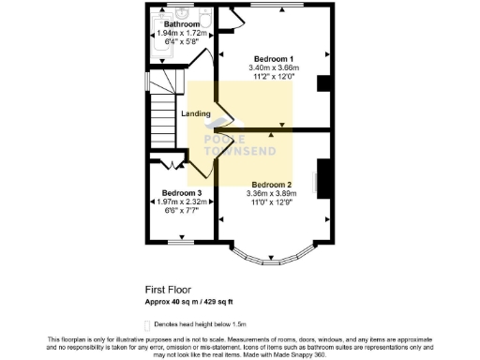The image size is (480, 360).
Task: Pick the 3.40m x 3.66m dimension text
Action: coord(273,67)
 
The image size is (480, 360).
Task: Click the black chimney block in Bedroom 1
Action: coord(323,83)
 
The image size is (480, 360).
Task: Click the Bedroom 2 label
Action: coord(272,184)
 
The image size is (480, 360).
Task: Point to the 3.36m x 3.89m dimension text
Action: coord(272,194)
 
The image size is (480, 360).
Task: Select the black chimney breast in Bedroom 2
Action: coord(325,178)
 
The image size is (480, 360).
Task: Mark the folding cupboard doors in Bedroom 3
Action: coord(170,165)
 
